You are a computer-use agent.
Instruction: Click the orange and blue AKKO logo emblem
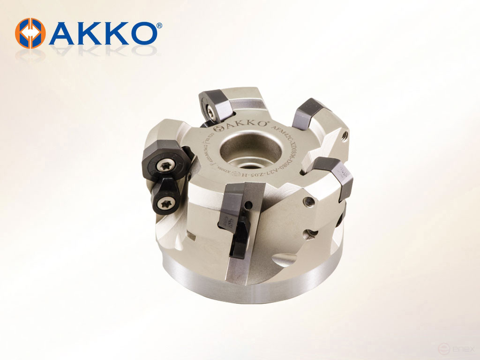(30, 33)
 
